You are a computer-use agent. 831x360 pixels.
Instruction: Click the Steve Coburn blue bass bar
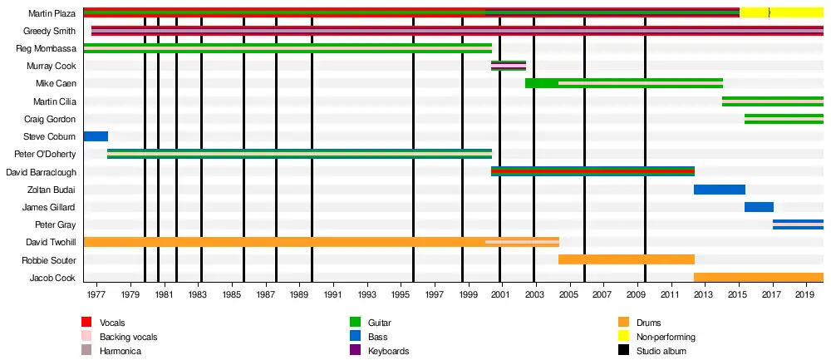(x=96, y=136)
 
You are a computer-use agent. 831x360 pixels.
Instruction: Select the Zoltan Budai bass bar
(x=719, y=190)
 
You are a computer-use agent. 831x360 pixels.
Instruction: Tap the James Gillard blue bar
(x=759, y=207)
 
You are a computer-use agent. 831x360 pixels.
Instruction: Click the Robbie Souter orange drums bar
(x=626, y=259)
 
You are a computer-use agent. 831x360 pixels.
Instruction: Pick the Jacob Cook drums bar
(x=758, y=278)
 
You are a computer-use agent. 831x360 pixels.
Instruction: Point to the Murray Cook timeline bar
(x=508, y=66)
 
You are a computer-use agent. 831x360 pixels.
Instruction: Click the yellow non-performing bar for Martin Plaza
(x=781, y=12)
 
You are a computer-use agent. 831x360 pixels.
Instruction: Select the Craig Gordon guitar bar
(x=784, y=119)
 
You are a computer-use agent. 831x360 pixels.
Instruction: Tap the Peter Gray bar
(x=798, y=224)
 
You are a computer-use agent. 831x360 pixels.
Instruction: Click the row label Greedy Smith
(x=50, y=32)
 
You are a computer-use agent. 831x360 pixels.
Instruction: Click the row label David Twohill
(x=51, y=242)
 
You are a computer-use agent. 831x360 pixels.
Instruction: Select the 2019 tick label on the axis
(x=806, y=294)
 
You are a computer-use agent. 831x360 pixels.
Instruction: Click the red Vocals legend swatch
(x=86, y=323)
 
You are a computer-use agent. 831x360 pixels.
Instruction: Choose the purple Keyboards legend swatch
(x=355, y=351)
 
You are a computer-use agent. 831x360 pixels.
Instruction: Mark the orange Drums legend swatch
(x=623, y=323)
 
